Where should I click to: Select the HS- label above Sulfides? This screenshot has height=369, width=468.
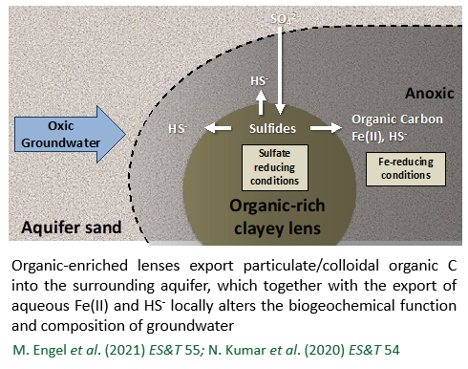pyautogui.click(x=259, y=82)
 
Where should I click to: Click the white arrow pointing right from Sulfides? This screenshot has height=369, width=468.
pyautogui.click(x=328, y=128)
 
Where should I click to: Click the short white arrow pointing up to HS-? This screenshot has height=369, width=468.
pyautogui.click(x=260, y=103)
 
